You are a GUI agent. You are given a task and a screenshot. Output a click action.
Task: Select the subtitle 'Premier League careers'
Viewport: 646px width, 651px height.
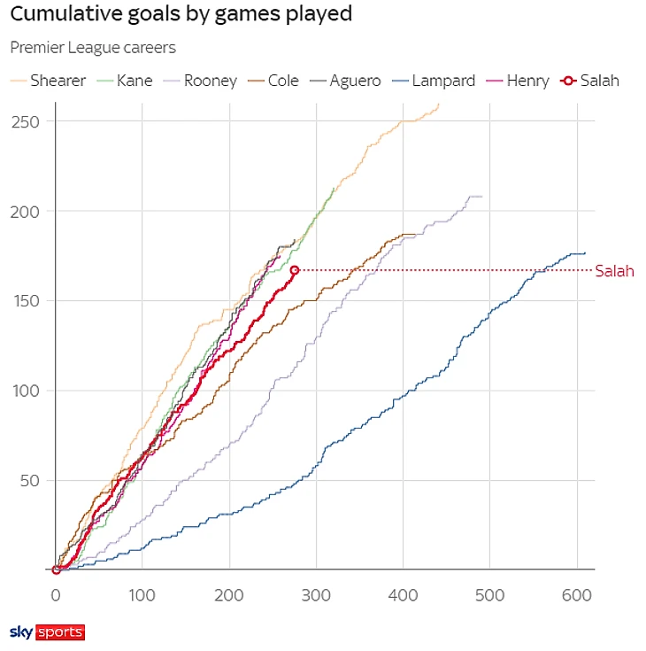coord(93,48)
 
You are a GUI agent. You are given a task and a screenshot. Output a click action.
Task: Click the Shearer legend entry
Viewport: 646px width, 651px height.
coord(49,81)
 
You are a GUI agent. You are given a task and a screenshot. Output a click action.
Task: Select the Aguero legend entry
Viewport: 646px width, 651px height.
coord(344,81)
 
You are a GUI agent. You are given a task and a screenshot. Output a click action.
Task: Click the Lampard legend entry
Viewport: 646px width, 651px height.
coord(435,81)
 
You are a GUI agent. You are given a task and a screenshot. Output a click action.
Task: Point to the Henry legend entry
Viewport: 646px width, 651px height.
coord(517,81)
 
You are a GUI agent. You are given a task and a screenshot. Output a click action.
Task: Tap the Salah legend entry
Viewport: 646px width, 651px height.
coord(590,81)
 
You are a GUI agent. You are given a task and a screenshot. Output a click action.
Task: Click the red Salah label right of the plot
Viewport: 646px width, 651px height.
coord(614,271)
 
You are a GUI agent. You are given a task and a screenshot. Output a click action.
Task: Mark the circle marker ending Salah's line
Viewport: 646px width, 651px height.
coord(295,270)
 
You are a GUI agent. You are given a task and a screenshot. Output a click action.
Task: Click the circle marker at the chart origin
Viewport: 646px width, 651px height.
coord(56,570)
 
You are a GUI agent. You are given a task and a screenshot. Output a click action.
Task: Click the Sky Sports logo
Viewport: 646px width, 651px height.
coord(47,632)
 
